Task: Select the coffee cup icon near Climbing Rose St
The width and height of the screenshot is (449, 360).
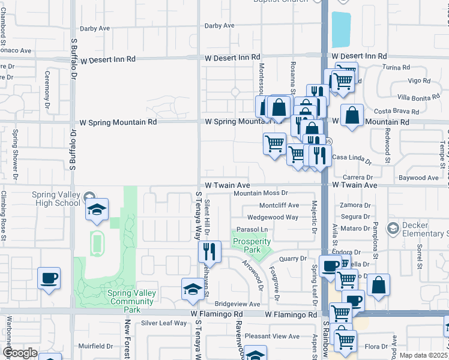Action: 49,278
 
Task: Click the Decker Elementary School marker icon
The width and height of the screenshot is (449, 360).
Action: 393,229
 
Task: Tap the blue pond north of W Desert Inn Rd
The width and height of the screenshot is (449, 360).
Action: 341,29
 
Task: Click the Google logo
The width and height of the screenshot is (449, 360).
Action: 20,353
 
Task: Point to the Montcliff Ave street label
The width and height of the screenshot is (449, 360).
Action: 279,205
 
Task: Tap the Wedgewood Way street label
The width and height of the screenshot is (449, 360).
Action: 273,217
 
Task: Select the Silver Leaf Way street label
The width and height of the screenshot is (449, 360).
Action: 164,323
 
